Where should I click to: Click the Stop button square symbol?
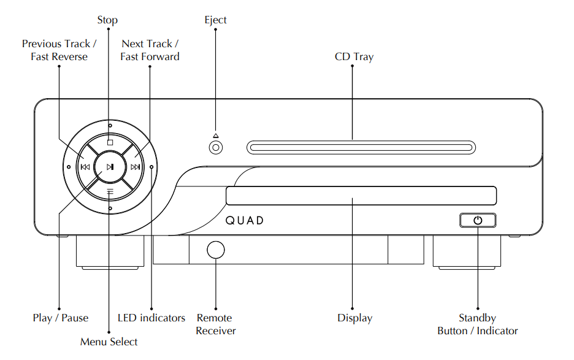point(110,142)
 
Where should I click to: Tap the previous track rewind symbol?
point(85,167)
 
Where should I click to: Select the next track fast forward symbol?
point(135,167)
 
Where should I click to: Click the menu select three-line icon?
point(110,191)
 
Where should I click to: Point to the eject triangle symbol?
point(216,136)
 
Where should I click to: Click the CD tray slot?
point(361,148)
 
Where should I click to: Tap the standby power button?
point(478,220)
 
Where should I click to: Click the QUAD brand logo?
point(245,220)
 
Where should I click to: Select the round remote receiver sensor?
point(216,250)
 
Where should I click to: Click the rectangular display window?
point(361,196)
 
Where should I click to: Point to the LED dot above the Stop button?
point(110,126)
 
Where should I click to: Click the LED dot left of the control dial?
point(69,167)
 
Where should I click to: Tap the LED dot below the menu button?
point(110,209)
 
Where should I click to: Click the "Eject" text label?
point(215,20)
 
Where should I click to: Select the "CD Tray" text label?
point(354,57)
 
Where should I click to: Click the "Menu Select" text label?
point(109,342)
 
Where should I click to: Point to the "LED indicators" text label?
point(151,318)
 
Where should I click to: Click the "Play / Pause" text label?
point(60,318)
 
